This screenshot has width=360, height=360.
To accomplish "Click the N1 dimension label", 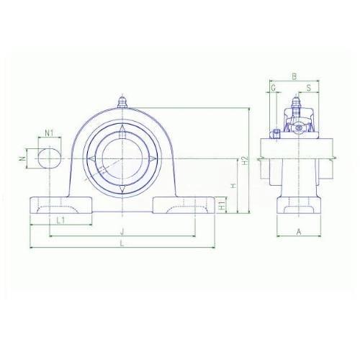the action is tap(49, 132).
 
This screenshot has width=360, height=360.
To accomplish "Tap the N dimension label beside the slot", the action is tap(23, 158).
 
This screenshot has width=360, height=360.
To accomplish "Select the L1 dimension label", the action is tap(60, 220).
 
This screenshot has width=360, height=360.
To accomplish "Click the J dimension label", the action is tap(122, 232).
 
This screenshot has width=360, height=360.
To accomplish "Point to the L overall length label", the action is tap(122, 243).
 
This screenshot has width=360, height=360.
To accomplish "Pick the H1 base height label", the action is tap(222, 205).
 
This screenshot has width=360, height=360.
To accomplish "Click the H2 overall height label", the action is tap(244, 161).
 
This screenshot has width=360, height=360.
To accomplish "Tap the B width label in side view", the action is tap(294, 77).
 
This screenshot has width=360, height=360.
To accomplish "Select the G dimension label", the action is tap(273, 89).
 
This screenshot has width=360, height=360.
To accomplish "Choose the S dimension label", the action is tap(309, 88).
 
